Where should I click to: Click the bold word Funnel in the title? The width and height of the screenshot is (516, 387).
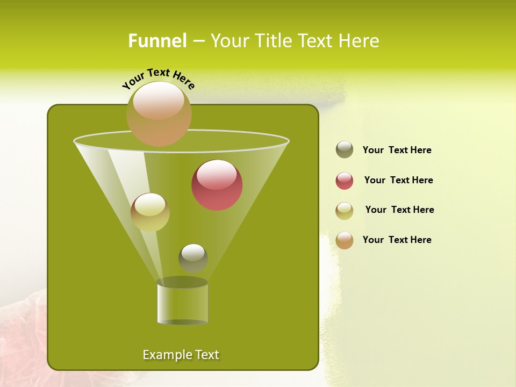pyautogui.click(x=157, y=41)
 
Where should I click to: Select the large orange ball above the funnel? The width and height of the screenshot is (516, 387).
pyautogui.click(x=159, y=114)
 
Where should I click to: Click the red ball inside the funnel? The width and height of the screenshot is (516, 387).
pyautogui.click(x=217, y=185)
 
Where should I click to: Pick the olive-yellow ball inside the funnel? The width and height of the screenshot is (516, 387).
pyautogui.click(x=150, y=212)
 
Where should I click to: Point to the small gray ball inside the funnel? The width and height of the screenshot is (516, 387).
pyautogui.click(x=193, y=258)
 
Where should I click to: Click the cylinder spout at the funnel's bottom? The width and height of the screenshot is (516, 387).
pyautogui.click(x=182, y=302)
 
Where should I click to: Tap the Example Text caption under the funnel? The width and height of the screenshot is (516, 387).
pyautogui.click(x=181, y=355)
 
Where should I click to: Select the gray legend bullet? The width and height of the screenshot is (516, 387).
pyautogui.click(x=345, y=150)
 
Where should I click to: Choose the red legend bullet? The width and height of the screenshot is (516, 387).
pyautogui.click(x=345, y=181)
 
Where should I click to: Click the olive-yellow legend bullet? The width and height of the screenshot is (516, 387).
pyautogui.click(x=345, y=211)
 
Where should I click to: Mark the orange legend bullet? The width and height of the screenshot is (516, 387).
pyautogui.click(x=345, y=240)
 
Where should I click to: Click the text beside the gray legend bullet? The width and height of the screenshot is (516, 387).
pyautogui.click(x=397, y=150)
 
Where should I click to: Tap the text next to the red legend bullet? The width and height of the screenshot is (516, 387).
pyautogui.click(x=398, y=181)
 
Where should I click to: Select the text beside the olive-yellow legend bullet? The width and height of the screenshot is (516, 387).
pyautogui.click(x=399, y=210)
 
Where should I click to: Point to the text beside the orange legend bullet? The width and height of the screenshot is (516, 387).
pyautogui.click(x=397, y=240)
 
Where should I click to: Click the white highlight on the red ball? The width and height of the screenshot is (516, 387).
pyautogui.click(x=217, y=175)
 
